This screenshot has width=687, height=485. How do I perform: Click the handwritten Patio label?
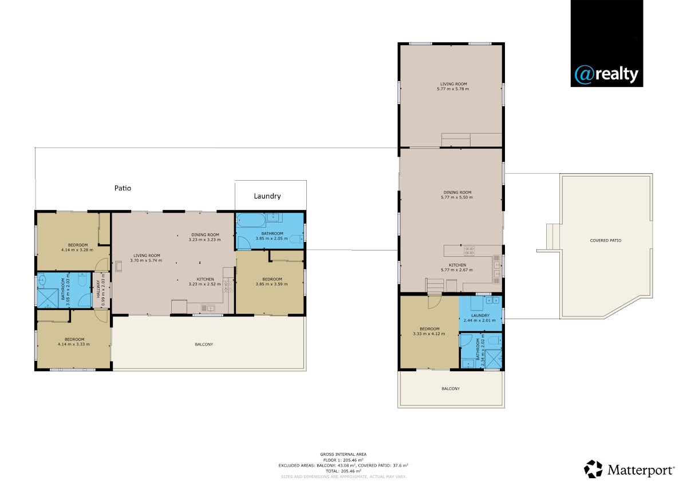click(x=123, y=188)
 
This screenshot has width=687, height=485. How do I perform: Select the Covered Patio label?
click(x=606, y=241)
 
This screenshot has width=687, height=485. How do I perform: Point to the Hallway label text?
click(x=98, y=289)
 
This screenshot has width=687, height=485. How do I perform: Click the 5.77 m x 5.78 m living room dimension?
click(x=453, y=89)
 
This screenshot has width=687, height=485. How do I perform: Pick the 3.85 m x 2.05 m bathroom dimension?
click(x=272, y=238)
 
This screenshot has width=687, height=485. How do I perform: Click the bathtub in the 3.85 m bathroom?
click(x=251, y=220)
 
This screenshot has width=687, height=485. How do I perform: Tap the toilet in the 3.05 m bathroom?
click(x=82, y=280)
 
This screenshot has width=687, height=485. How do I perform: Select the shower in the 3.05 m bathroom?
click(x=48, y=298)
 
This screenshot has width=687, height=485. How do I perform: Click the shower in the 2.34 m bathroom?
click(x=493, y=359)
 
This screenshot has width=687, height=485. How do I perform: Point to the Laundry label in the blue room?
click(x=480, y=315)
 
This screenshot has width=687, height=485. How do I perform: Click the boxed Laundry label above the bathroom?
click(x=267, y=196)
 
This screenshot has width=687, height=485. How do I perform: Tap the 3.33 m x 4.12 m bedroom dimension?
click(x=429, y=333)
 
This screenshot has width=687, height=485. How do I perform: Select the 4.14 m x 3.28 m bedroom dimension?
click(x=77, y=250)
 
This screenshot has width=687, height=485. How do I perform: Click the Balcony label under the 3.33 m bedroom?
click(x=451, y=388)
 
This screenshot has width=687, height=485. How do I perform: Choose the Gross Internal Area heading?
click(x=343, y=454)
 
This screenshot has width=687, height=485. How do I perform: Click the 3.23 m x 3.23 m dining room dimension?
click(x=204, y=240)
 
